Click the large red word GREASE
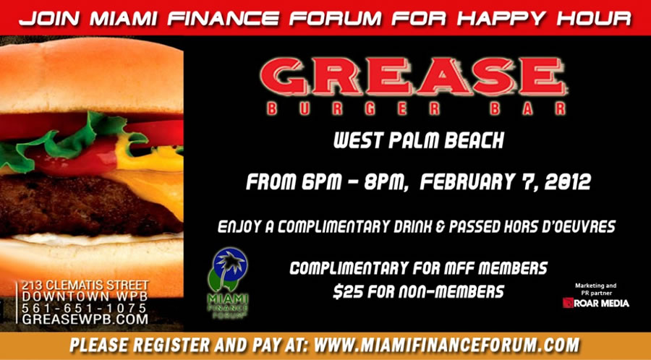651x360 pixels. [x=414, y=77]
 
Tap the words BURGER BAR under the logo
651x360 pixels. [x=417, y=108]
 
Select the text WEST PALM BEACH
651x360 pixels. [x=419, y=141]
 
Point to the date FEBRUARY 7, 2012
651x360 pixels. [x=505, y=182]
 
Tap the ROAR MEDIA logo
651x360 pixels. [x=596, y=303]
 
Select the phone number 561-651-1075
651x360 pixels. [x=85, y=308]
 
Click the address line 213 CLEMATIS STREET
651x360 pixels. [x=85, y=286]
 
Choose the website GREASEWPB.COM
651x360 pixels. [x=85, y=320]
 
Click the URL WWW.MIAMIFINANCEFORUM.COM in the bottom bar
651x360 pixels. [x=447, y=345]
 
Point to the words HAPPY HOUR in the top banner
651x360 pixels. [x=544, y=18]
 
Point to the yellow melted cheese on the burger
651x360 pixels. [x=153, y=182]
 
